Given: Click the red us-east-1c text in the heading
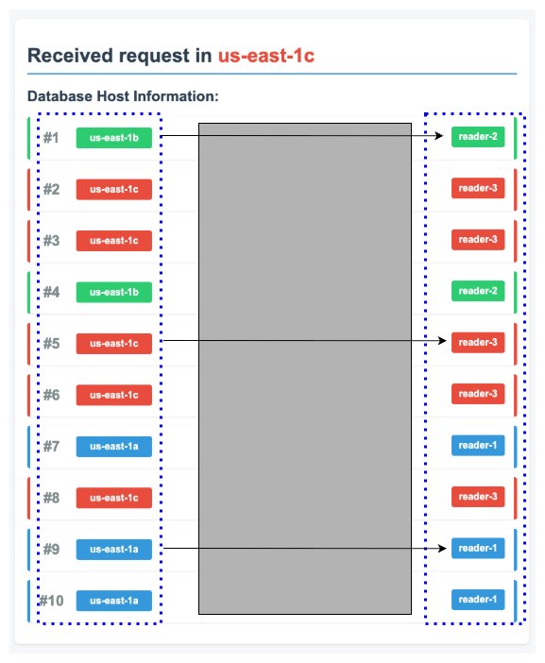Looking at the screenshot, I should [x=265, y=56].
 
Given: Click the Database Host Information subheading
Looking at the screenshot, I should [x=123, y=96].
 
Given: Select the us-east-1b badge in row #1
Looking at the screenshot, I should [x=114, y=138].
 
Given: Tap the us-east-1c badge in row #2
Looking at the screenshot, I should [x=114, y=189].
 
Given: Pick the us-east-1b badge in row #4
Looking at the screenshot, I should [x=114, y=292].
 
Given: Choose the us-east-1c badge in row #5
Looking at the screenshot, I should [x=114, y=343].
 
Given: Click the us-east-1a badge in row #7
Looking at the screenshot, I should [x=114, y=446].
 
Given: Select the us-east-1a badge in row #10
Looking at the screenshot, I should [x=114, y=600].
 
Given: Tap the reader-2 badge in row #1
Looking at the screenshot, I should [x=478, y=137].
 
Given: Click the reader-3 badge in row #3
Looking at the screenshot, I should [x=478, y=240].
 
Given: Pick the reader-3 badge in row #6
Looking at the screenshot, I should [x=478, y=394].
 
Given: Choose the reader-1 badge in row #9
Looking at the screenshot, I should [x=478, y=548].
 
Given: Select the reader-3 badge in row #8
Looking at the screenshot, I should [x=478, y=497].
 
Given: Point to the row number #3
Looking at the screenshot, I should [x=51, y=241].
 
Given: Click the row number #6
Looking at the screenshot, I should [x=51, y=395].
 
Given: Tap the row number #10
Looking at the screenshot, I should [x=50, y=600].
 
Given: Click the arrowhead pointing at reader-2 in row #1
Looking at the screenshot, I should [x=439, y=136].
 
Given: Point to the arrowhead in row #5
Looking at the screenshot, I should [x=439, y=339].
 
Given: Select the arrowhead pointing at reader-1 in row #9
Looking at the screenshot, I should [x=439, y=547].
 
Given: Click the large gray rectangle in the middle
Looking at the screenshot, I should [x=304, y=368].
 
